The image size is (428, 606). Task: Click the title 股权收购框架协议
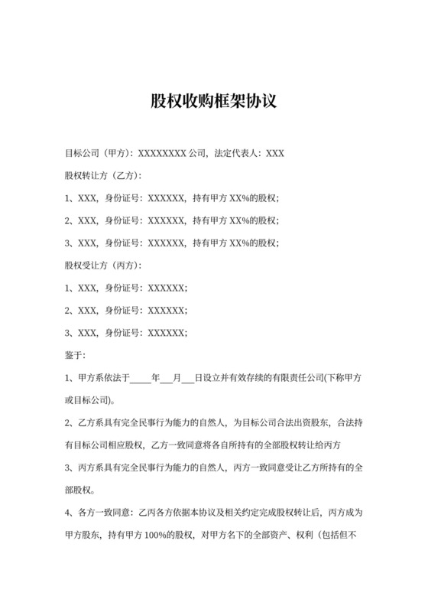point(213,102)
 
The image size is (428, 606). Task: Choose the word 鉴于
point(76,355)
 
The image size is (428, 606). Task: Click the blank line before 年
point(141,378)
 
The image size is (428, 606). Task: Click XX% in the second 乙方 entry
point(237,220)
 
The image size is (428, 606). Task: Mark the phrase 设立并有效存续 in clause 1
point(238,378)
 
